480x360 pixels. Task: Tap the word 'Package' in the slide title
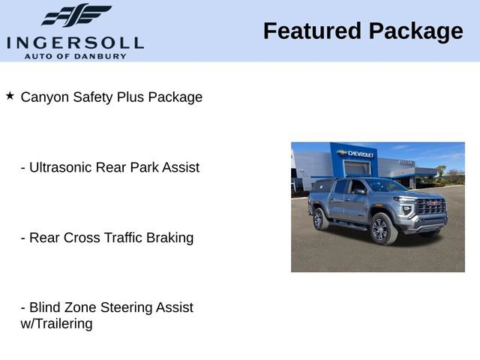click(x=415, y=31)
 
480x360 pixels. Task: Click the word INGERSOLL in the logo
click(x=75, y=41)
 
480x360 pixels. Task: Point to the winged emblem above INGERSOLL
click(x=76, y=16)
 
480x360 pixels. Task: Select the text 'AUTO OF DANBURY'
click(x=75, y=55)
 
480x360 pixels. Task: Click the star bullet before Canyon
click(x=10, y=96)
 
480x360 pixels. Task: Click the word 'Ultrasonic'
click(x=61, y=167)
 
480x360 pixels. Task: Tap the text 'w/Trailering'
click(x=56, y=324)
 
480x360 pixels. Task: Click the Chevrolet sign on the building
click(x=358, y=154)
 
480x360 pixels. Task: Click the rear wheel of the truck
click(x=319, y=219)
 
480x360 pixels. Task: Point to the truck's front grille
click(x=430, y=207)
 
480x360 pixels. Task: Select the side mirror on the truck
click(x=361, y=191)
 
